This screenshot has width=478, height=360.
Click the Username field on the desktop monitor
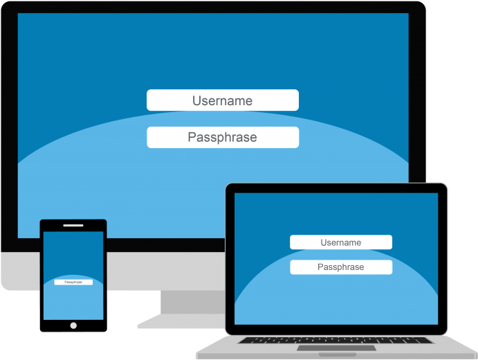coord(223,100)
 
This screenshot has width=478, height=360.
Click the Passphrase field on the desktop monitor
coord(223,137)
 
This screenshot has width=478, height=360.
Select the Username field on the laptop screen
coord(341,242)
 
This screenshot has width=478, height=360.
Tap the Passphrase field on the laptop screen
coord(341,267)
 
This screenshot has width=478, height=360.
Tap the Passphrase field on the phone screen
coord(73,282)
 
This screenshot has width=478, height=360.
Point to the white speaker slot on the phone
coord(73,226)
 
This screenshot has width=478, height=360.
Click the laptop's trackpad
coord(337,348)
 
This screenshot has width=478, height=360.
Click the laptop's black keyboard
coord(335,340)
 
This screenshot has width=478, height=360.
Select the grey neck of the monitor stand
coord(193,302)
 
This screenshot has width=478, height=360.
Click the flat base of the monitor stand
coord(182,321)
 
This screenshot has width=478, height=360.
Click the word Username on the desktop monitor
coord(223,100)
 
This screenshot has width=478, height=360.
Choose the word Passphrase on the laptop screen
coord(341,267)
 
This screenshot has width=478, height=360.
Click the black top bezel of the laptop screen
coord(336,188)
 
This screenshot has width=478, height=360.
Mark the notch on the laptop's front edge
coord(338,354)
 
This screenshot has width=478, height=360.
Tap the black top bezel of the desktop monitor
coord(213,8)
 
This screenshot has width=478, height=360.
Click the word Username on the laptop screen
coord(341,242)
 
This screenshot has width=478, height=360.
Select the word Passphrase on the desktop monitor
coord(223,137)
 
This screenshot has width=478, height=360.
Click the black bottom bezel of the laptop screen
coord(336,330)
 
